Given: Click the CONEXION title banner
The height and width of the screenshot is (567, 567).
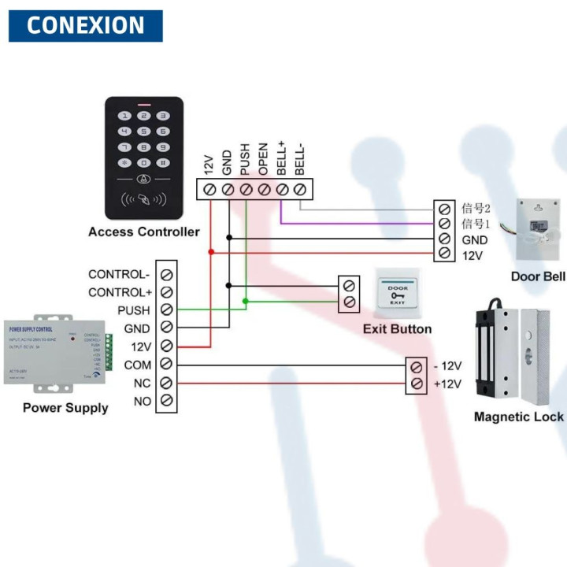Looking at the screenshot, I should point(85,25).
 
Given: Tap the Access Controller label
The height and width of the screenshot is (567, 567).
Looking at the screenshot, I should point(143,232).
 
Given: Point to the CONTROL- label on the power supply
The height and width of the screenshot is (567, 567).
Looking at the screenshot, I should point(119,275).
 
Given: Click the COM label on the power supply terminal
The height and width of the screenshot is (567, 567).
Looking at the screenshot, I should point(137,365).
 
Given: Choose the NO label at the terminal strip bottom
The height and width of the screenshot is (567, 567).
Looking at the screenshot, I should point(142,401).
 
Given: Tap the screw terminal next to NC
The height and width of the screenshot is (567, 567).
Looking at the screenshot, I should point(167,383).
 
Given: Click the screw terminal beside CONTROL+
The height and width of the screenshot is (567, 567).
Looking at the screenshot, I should point(167,292).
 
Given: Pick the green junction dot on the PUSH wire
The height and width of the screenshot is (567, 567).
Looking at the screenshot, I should point(246,301).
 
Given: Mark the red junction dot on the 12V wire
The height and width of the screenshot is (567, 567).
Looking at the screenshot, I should point(210,252).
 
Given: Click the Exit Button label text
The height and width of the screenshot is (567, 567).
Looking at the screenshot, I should point(397,328).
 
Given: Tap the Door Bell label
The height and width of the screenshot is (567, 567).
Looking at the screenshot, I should point(538,276).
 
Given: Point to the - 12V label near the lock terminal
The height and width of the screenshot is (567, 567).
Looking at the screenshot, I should point(447,366).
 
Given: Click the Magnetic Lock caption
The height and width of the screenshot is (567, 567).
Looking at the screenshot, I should point(518,417).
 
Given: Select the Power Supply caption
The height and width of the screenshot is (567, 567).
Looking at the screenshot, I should point(65,407).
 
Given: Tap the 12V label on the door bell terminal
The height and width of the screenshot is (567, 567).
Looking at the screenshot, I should point(472,255).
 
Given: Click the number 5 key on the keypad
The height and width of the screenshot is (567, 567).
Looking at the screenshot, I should point(143,131).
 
